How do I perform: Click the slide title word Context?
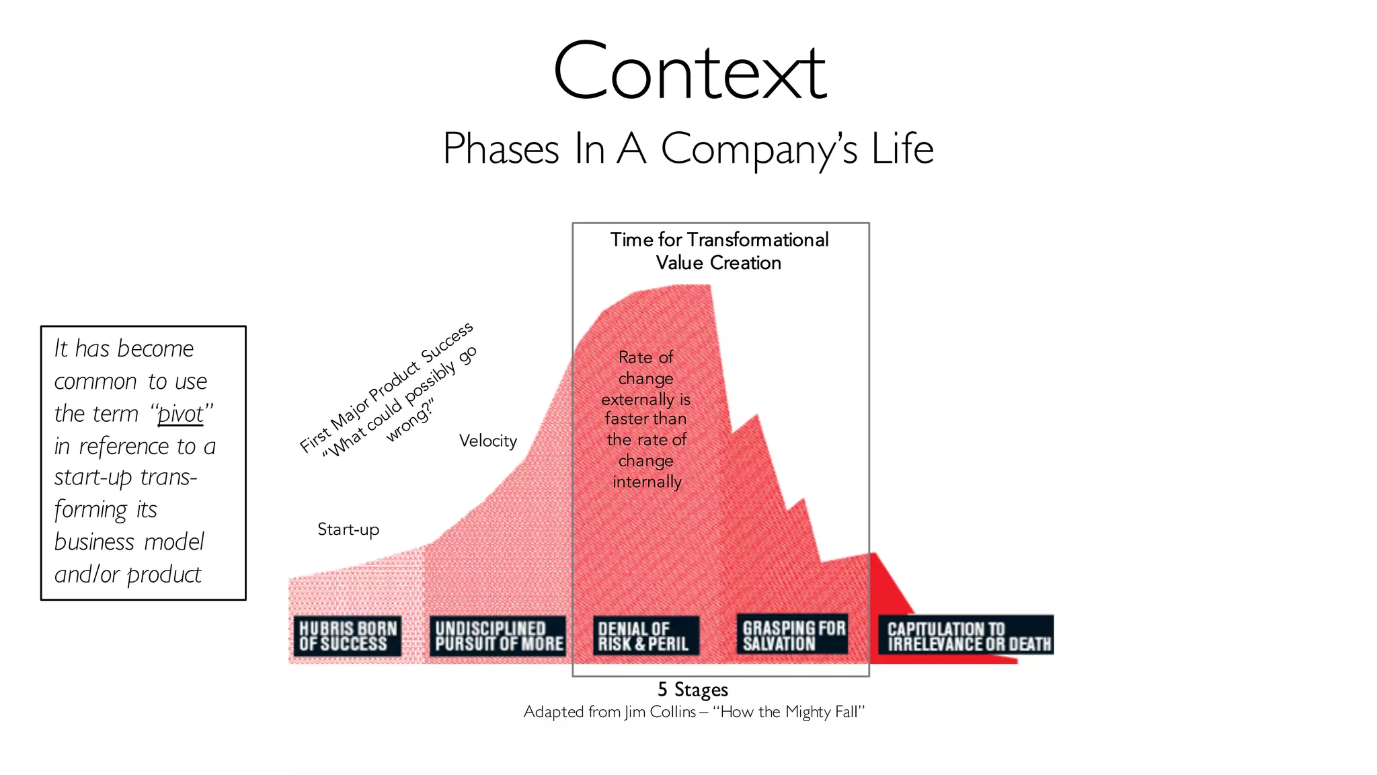click(x=689, y=72)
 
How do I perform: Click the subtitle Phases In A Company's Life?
click(x=688, y=149)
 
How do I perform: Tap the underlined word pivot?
click(x=180, y=414)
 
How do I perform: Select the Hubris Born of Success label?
click(x=348, y=636)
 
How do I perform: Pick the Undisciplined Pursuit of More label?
click(x=498, y=636)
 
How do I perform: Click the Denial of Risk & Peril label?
click(x=644, y=636)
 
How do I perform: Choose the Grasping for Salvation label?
click(x=793, y=634)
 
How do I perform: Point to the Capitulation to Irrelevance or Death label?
click(x=967, y=636)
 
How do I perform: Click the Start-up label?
click(x=348, y=529)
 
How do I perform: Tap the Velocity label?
click(x=488, y=441)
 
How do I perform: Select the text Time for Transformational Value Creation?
click(x=719, y=251)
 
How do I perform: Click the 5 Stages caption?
click(x=693, y=690)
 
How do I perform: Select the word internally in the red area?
click(x=647, y=482)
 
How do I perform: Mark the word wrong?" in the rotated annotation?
click(x=409, y=422)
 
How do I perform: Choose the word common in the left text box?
click(x=95, y=381)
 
